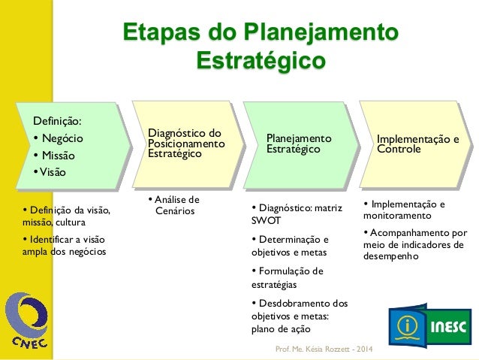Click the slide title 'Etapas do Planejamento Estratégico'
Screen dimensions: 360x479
[261, 47]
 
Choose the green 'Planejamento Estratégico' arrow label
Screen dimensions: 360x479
[300, 144]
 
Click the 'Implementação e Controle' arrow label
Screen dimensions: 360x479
[418, 144]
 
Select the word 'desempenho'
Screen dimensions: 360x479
[389, 256]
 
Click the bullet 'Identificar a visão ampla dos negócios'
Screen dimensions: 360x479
[65, 246]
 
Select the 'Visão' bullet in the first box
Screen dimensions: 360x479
[50, 172]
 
